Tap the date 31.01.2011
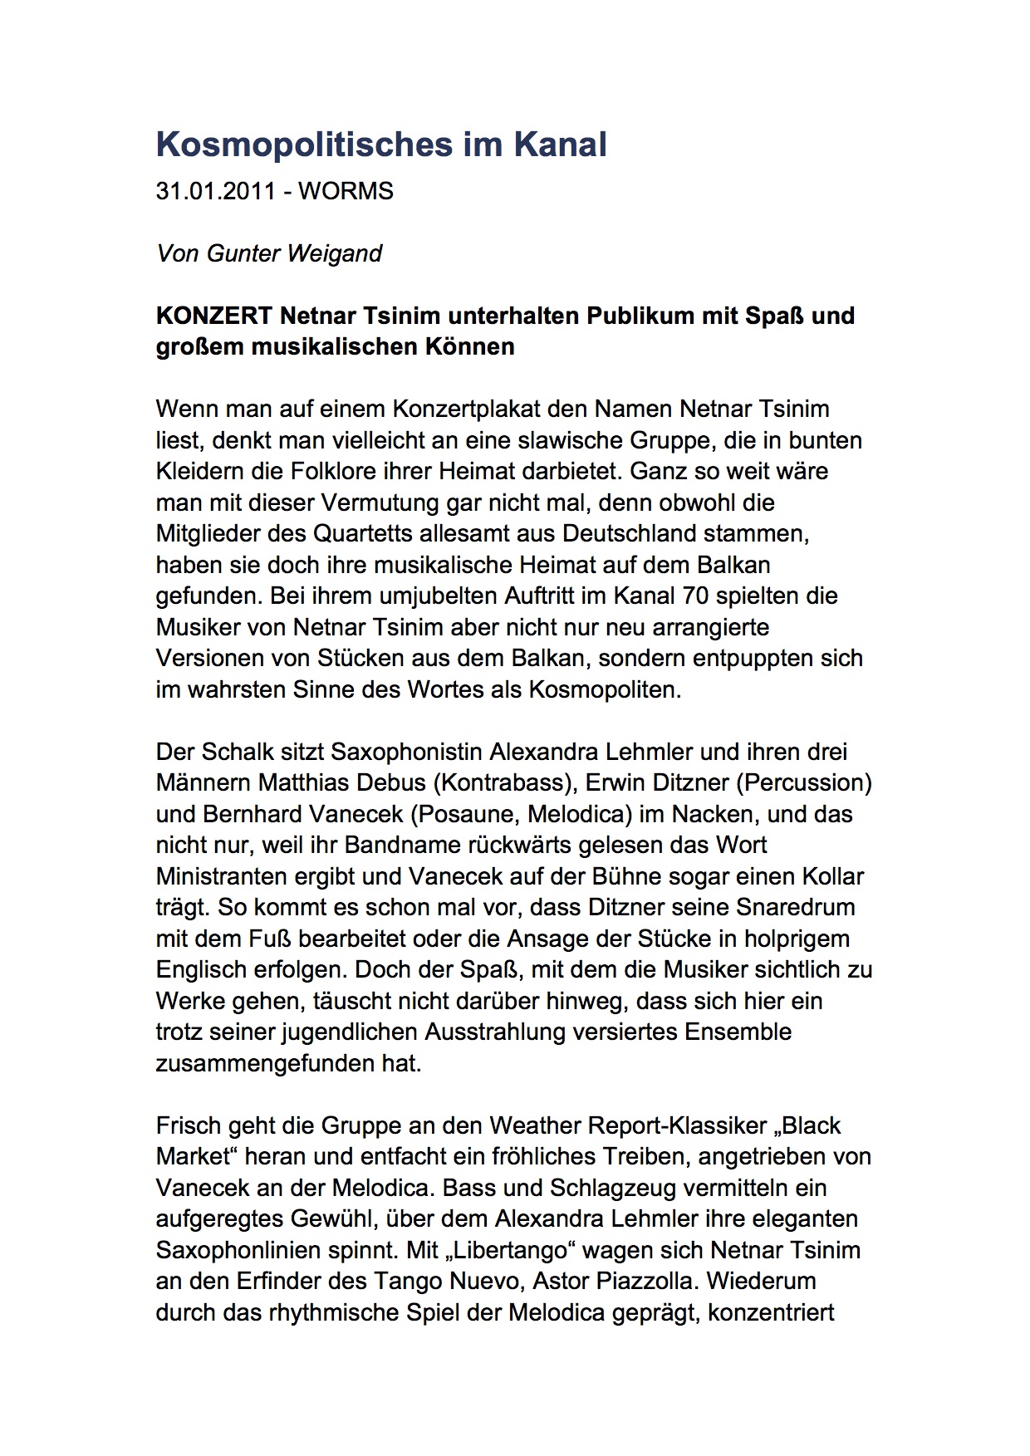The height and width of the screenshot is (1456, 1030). point(215,191)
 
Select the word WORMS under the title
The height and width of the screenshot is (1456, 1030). point(346,191)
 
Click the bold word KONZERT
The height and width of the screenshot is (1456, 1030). point(214,316)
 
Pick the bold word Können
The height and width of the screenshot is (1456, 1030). point(469,346)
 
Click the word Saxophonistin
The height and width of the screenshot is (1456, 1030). point(406,752)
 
